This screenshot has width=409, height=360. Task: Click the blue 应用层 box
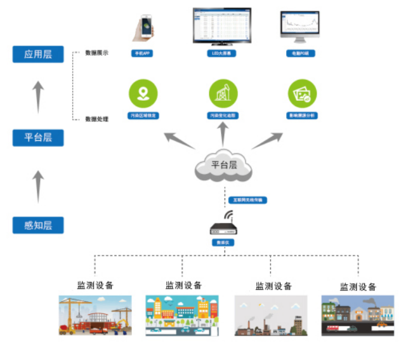(38, 54)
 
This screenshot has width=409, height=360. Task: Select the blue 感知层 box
(38, 226)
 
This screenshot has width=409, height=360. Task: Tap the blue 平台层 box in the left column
(38, 137)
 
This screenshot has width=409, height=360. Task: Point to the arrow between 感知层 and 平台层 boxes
(38, 186)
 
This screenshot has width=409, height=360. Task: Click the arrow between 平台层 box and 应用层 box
(38, 96)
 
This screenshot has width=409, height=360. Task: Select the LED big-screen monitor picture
(222, 25)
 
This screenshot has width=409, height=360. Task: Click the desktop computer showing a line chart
(300, 26)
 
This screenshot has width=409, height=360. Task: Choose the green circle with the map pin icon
(143, 93)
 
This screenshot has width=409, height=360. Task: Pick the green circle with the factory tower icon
(223, 94)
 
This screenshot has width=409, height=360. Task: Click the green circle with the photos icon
(302, 94)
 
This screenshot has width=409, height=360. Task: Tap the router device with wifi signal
(224, 226)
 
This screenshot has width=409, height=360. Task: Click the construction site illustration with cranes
(95, 315)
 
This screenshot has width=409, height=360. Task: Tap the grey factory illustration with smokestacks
(270, 315)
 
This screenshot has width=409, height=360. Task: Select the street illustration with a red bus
(357, 315)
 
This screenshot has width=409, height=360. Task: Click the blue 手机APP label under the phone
(143, 53)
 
